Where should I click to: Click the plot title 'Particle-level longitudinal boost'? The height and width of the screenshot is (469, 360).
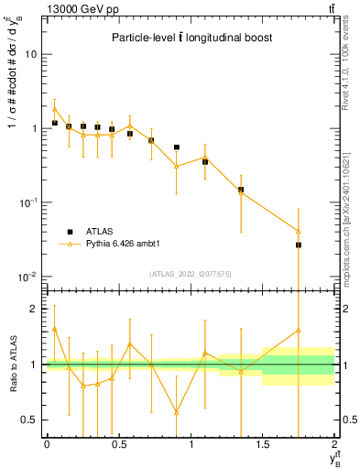pos(191,38)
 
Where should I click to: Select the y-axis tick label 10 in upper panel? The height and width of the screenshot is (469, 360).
pos(30,54)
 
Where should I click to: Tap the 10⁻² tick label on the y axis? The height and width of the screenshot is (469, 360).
pos(27,277)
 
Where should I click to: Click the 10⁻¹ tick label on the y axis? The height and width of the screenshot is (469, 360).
pos(27,202)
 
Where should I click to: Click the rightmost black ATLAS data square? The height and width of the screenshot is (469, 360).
pos(299,245)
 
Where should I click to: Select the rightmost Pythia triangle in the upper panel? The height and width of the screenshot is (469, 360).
pos(299,231)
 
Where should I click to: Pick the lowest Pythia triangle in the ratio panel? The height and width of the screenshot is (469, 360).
pos(176,412)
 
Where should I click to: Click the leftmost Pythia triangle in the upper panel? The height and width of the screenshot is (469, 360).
pos(55,109)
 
